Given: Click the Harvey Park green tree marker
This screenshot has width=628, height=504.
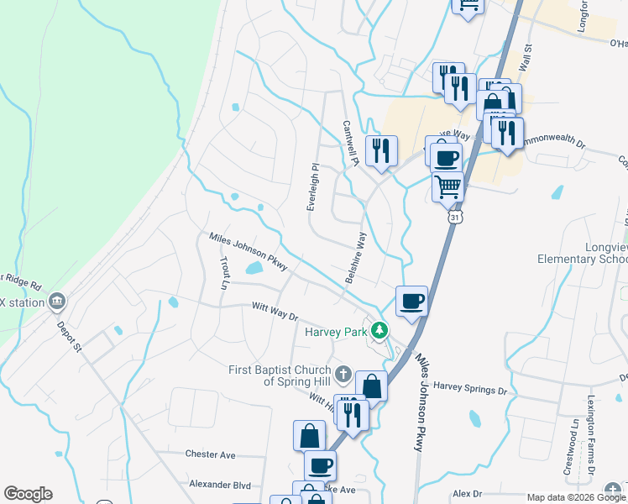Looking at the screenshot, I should coord(380,331).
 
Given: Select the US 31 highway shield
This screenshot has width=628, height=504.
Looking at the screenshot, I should coord(454,217).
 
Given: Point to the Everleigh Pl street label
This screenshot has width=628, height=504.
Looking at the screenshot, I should coord(312,186).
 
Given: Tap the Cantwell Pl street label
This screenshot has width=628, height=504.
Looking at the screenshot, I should coord(349,142).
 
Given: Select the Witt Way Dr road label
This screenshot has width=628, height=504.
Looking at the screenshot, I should coord(275,312).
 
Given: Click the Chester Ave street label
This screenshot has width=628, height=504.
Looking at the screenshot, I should coord(211,454).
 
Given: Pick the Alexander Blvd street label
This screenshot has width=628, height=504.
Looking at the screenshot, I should coord(220,485).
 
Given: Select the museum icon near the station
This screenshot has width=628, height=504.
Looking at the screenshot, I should coord(56,300).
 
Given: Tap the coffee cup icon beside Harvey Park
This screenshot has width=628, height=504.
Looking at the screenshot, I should coord(411,301).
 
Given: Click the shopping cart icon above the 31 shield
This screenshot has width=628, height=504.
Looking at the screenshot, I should coord(448,186).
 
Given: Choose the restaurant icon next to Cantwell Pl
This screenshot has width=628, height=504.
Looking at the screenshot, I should coord(381,151).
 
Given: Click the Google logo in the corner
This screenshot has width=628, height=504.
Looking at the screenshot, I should coord(28,494).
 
